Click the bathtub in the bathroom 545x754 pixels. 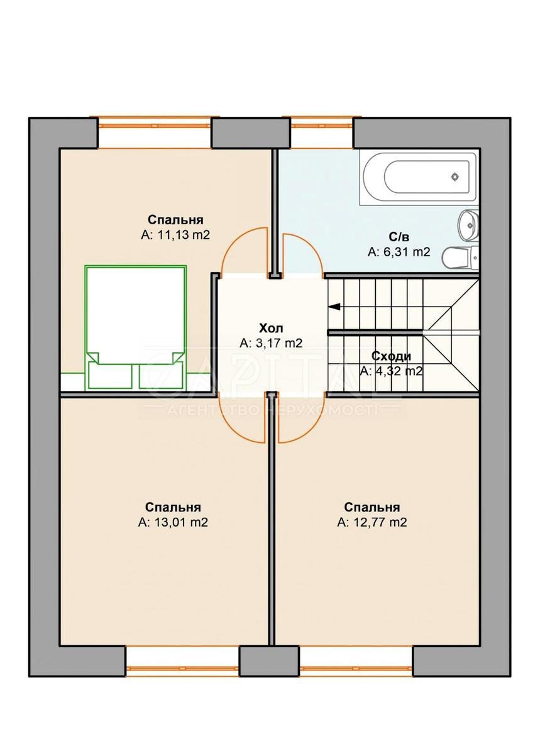(x=418, y=177)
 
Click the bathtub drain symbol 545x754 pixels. (x=455, y=178)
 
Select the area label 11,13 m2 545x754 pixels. (x=175, y=235)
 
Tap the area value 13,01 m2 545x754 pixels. (x=173, y=522)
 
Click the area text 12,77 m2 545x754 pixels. (x=372, y=522)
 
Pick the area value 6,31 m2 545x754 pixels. (x=399, y=252)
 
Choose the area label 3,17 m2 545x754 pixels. (x=272, y=343)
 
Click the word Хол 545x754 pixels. (x=272, y=328)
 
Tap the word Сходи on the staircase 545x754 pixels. (x=391, y=356)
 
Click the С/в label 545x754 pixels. (x=399, y=237)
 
